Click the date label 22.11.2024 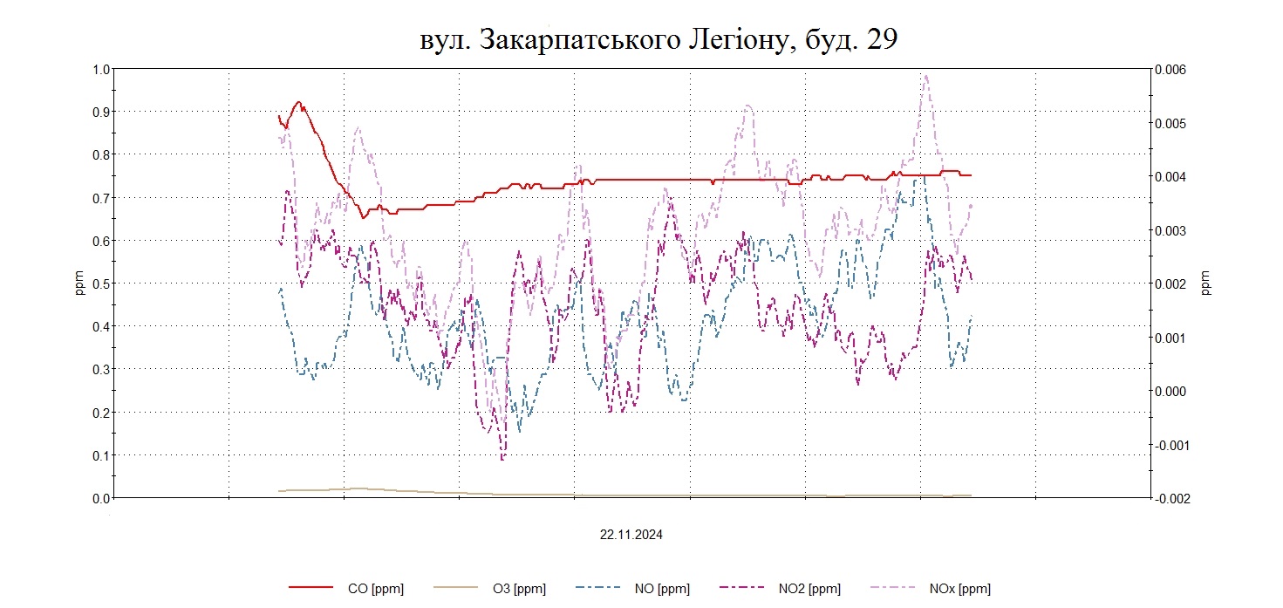pyautogui.click(x=631, y=536)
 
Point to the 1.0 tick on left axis pyautogui.click(x=101, y=69)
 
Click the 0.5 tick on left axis pyautogui.click(x=101, y=284)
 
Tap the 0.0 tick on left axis pyautogui.click(x=101, y=498)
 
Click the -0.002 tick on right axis pyautogui.click(x=1169, y=498)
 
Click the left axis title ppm pyautogui.click(x=79, y=284)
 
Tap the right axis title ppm pyautogui.click(x=1206, y=284)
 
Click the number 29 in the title pyautogui.click(x=881, y=40)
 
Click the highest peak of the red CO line pyautogui.click(x=298, y=102)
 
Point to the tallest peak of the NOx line pyautogui.click(x=925, y=75)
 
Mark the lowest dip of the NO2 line pyautogui.click(x=502, y=458)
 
